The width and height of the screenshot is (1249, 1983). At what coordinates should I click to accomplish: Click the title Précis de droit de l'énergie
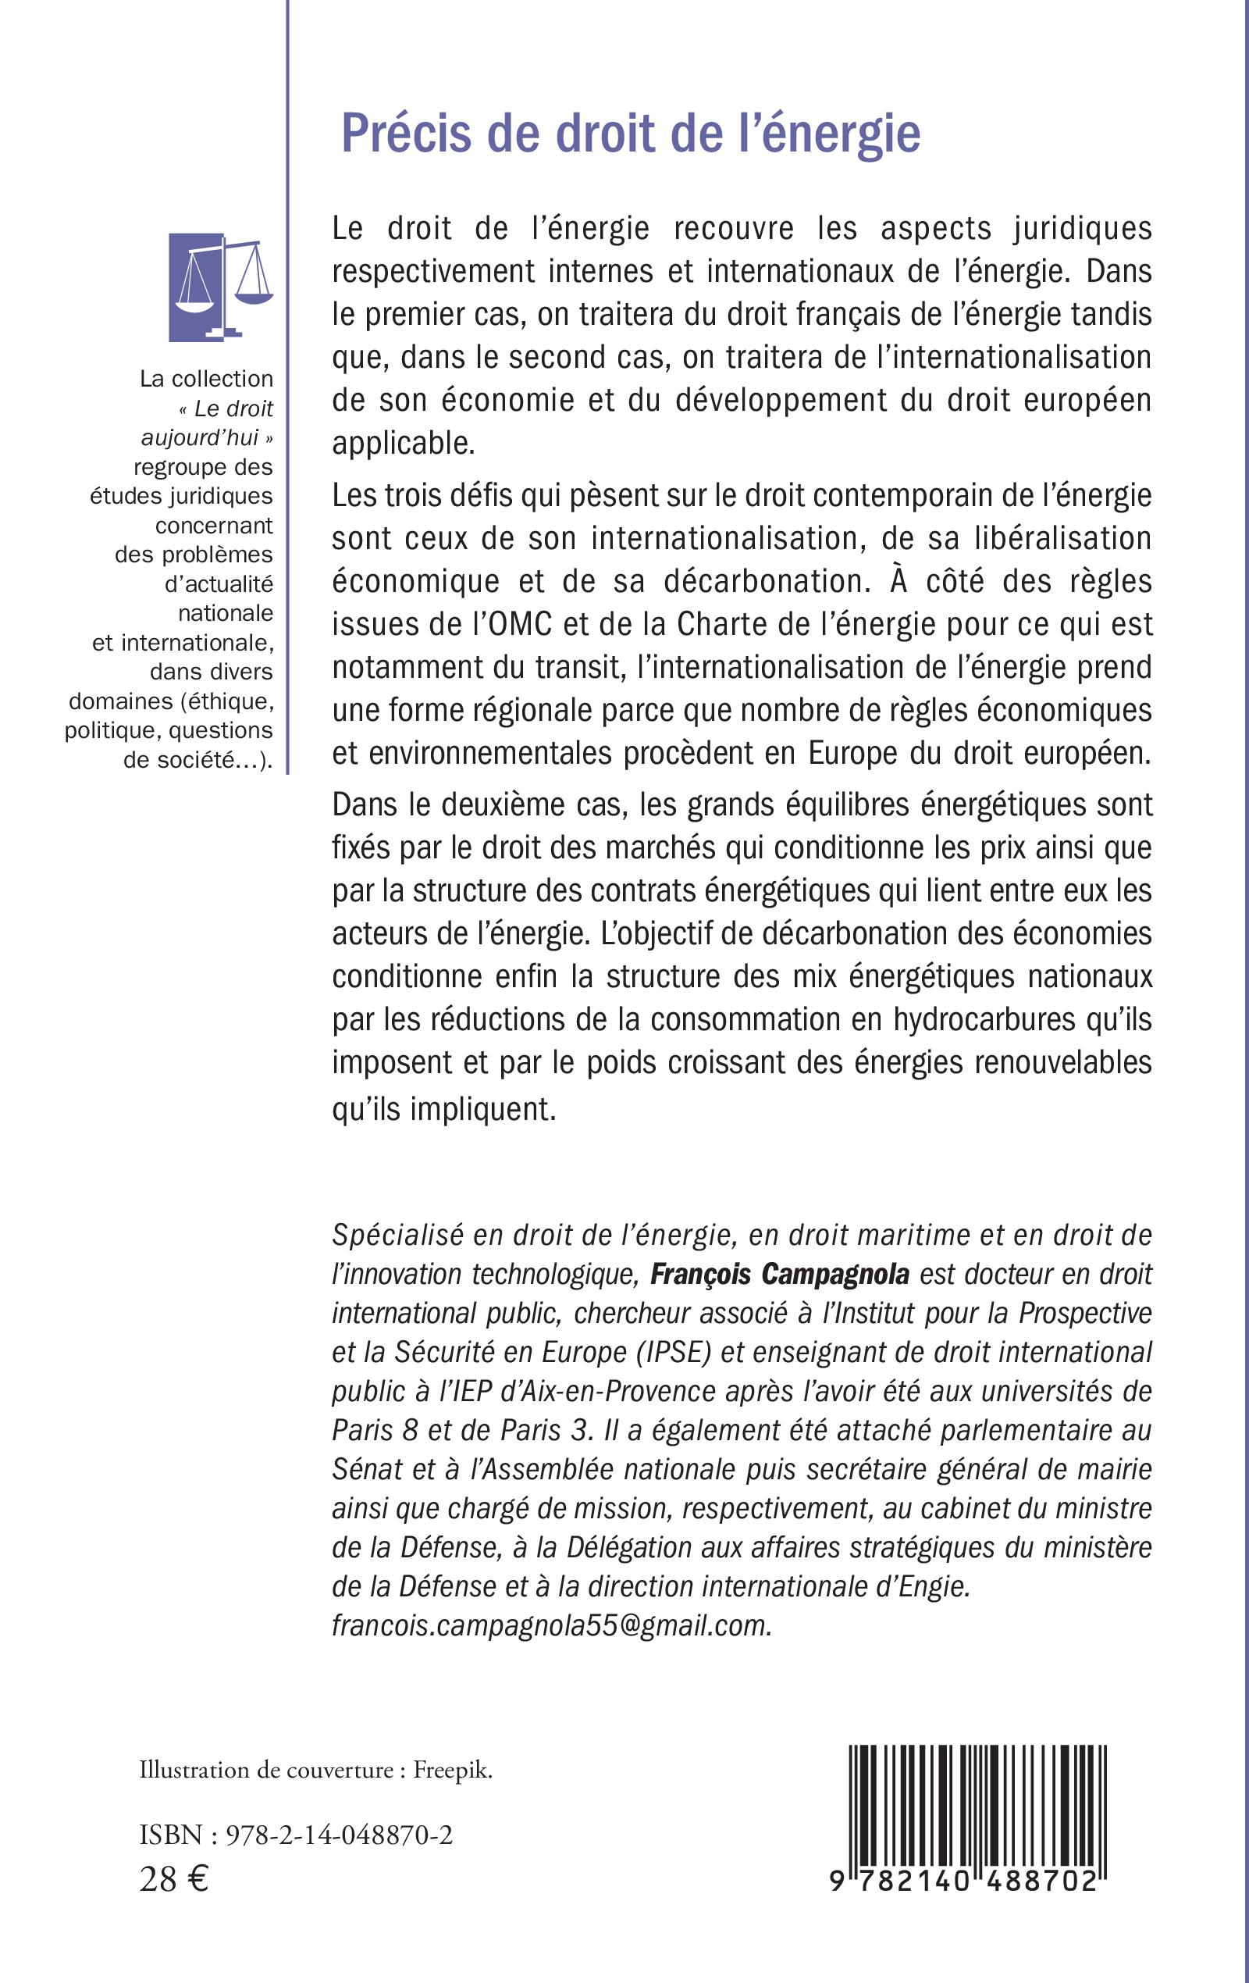[x=631, y=134]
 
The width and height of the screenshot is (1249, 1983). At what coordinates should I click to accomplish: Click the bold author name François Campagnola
[x=780, y=1274]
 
